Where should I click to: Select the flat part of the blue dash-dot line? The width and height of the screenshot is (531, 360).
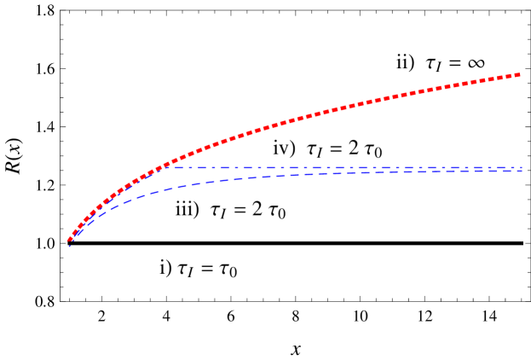pyautogui.click(x=341, y=167)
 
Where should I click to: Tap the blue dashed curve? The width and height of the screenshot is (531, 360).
pyautogui.click(x=256, y=177)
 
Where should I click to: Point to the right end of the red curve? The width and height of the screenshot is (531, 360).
pyautogui.click(x=519, y=75)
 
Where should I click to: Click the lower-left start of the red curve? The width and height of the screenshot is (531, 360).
pyautogui.click(x=69, y=241)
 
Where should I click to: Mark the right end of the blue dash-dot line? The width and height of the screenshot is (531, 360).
pyautogui.click(x=522, y=167)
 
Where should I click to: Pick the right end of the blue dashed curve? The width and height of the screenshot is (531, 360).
pyautogui.click(x=522, y=171)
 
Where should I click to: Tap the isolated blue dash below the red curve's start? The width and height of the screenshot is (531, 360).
pyautogui.click(x=69, y=247)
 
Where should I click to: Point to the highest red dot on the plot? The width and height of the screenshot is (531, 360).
pyautogui.click(x=518, y=75)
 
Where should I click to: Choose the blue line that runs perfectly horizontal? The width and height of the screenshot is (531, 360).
pyautogui.click(x=384, y=167)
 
